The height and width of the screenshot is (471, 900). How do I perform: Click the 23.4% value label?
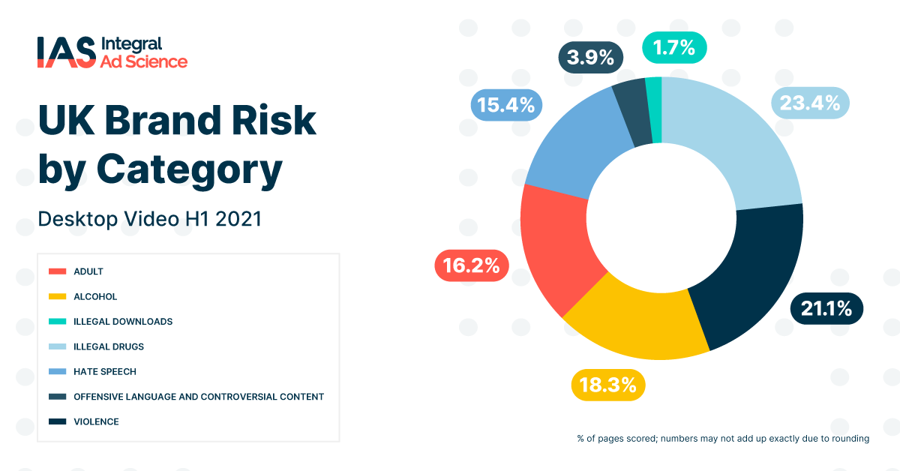pos(809,103)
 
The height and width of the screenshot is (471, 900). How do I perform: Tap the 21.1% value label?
pos(826,308)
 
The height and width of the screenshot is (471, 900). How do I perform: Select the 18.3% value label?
pos(608,385)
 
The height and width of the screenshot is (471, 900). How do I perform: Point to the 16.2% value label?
pos(472,265)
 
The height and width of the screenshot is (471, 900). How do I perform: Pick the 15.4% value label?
pos(506,105)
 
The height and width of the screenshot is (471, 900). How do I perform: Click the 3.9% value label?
pos(590,58)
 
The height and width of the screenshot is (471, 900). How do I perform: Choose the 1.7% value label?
pos(674,48)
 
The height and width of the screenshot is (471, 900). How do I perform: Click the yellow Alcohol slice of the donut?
pos(630,322)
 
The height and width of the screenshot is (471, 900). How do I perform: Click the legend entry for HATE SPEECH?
pos(104,371)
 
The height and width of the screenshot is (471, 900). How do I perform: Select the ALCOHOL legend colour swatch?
pos(57,296)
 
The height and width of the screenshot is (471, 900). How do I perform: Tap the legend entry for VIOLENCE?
pos(96,421)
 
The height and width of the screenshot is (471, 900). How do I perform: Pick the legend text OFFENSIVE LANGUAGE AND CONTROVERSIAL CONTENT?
pos(198,396)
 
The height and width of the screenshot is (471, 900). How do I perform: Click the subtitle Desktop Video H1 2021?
pos(149,219)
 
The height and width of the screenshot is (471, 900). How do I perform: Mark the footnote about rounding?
pos(723,439)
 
